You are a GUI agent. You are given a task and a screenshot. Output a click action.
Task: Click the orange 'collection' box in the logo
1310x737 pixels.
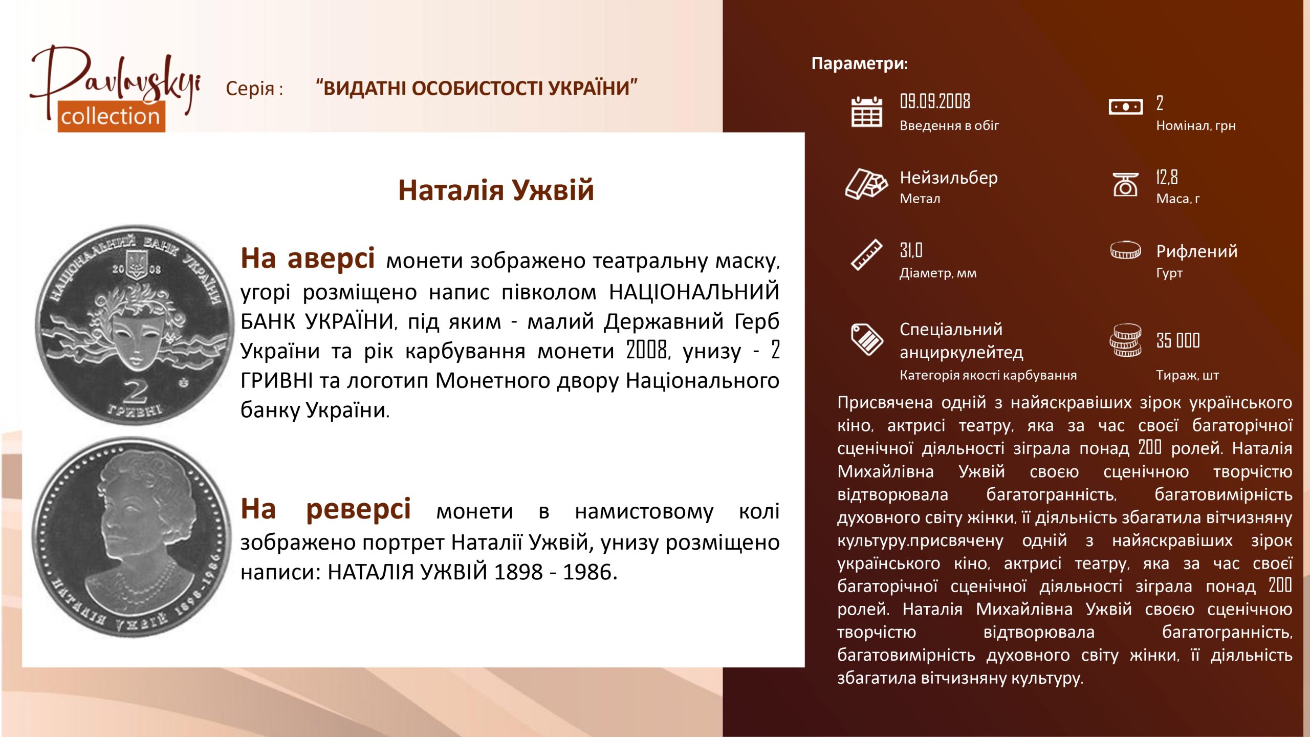coord(111,117)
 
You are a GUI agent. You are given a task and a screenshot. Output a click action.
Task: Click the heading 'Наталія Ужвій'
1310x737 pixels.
coord(496,190)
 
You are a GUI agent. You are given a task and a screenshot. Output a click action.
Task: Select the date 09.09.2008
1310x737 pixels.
coord(935,101)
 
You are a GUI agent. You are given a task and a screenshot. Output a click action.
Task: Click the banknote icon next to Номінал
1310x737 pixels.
coord(1125,107)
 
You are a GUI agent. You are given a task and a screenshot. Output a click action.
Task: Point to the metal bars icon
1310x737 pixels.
coord(866,183)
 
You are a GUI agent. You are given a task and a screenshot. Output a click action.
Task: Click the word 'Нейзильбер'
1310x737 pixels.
coord(949,178)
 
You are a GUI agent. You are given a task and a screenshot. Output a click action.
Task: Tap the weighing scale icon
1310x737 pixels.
coord(1125,184)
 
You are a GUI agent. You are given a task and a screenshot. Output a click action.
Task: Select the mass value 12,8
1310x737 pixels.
coord(1167,177)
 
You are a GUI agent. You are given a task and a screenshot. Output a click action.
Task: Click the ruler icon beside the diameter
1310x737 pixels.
coord(866,254)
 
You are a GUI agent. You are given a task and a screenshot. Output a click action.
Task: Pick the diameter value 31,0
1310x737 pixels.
coord(911,250)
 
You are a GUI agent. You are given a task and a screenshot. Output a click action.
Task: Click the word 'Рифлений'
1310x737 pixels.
coord(1197,251)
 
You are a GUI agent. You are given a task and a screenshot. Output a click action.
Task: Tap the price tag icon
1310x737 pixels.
coord(866,339)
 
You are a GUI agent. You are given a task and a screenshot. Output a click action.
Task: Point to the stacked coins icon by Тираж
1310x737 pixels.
coord(1125,340)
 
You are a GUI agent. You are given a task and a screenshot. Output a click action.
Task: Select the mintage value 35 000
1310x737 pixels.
coord(1178,340)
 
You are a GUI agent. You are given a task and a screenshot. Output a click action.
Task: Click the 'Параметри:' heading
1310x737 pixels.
coord(860,63)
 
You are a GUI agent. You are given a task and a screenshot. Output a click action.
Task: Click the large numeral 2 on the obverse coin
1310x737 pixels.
coord(136,392)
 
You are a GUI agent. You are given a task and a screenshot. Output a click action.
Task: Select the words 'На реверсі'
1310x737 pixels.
coord(325,509)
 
